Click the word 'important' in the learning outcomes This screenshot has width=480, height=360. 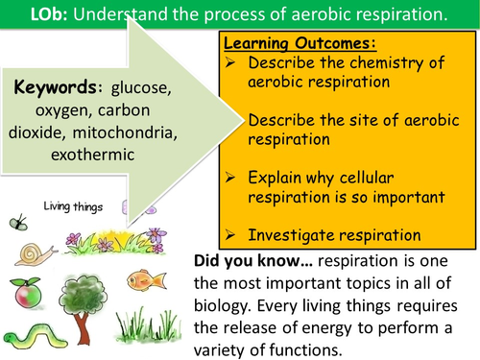(x=401, y=177)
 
